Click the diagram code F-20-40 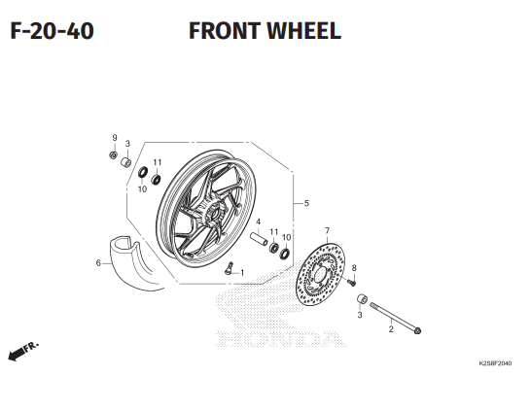(x=52, y=31)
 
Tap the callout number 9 (x=115, y=138)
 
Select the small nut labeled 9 (x=114, y=155)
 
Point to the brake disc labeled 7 (x=320, y=274)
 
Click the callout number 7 (x=327, y=230)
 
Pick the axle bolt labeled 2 (x=395, y=318)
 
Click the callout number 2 (x=391, y=329)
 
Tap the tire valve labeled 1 (x=230, y=268)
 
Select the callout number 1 (x=242, y=273)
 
